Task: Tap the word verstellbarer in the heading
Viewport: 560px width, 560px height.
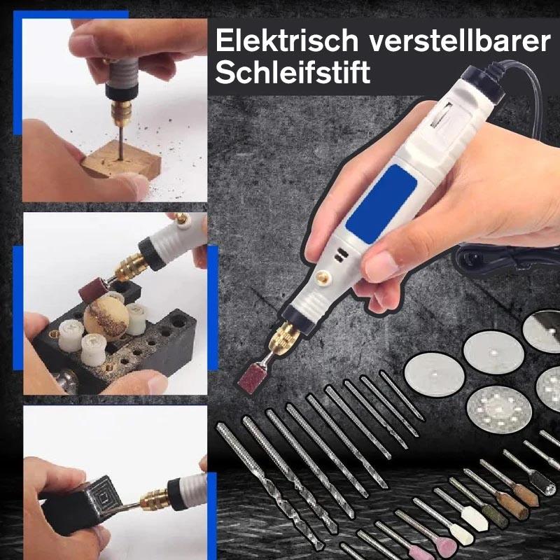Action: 456,41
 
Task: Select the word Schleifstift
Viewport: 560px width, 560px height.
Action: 293,73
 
